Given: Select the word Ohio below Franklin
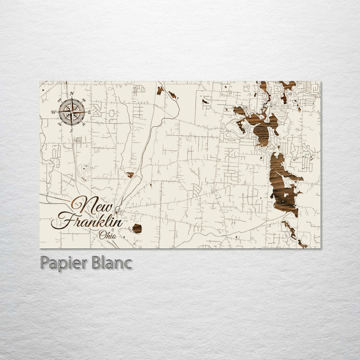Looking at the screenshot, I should coord(107,233).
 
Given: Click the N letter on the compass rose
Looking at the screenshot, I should coord(72,94).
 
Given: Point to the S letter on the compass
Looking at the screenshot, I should coord(71,130).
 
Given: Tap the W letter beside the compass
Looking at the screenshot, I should coord(53,112).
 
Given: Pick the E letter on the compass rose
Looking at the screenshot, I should coord(90,112).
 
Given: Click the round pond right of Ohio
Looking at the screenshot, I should coord(136,228).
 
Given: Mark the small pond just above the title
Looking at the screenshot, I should coord(130,175).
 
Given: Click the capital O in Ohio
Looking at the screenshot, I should coord(101,233).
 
